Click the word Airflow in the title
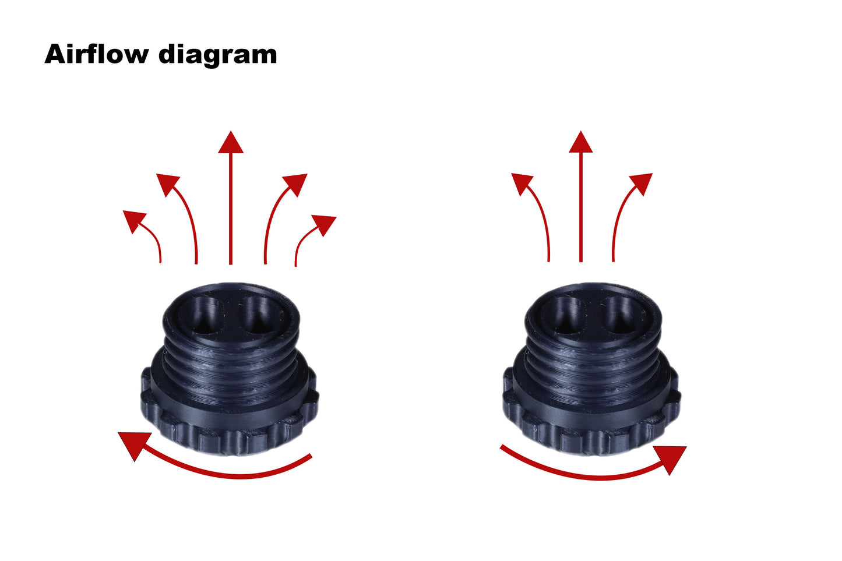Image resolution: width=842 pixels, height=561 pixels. [96, 54]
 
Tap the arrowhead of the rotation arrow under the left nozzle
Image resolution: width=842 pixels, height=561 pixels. [132, 444]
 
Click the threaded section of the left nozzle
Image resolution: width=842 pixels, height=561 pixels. [230, 367]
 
